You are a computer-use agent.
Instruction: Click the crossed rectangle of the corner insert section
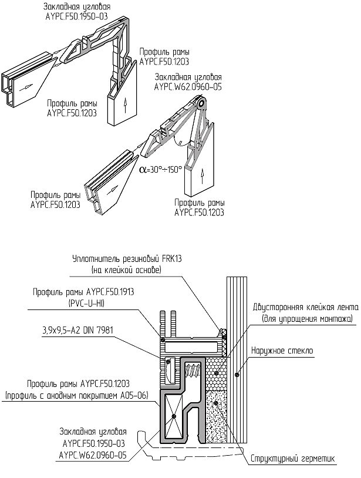(176, 416)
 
